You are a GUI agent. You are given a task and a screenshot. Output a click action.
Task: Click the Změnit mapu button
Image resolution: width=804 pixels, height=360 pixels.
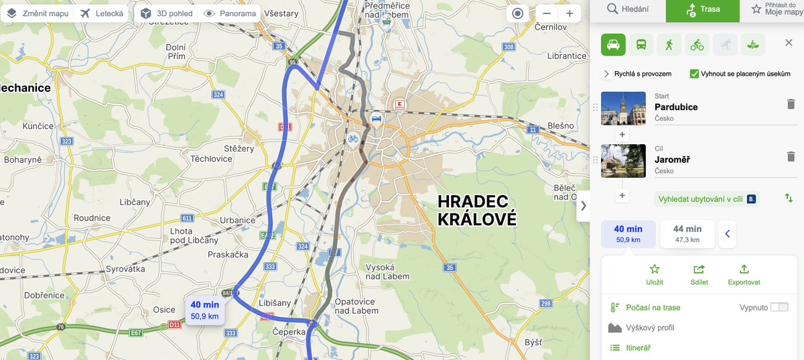tap(38, 13)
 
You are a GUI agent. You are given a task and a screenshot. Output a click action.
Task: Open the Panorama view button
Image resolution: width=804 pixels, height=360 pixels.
tap(230, 13)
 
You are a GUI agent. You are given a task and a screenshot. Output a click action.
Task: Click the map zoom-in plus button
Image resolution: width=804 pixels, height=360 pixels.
tap(569, 13)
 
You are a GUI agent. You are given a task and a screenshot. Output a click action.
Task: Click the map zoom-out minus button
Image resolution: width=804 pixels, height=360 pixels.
tap(547, 13)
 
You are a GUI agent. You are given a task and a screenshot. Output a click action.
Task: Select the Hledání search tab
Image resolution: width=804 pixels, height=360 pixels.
tap(627, 9)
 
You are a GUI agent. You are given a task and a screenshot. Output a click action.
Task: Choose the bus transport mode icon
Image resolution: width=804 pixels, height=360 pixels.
tap(641, 45)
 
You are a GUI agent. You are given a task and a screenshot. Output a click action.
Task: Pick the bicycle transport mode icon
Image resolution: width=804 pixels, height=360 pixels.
tap(697, 45)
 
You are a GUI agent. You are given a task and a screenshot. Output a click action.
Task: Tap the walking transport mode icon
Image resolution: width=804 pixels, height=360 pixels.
tap(669, 45)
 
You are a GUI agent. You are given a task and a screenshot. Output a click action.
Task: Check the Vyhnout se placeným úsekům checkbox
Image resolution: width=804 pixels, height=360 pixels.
tap(695, 74)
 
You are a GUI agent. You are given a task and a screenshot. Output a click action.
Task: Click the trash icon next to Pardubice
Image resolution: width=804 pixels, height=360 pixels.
tap(791, 104)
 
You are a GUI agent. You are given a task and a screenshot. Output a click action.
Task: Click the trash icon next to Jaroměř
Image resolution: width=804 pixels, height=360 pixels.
tap(791, 156)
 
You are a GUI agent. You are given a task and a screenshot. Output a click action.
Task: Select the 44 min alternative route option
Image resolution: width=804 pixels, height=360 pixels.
tap(687, 234)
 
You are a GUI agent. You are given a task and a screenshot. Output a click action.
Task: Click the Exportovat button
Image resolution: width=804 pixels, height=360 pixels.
tap(744, 274)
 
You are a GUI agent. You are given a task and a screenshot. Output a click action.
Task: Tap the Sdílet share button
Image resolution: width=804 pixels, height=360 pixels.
tap(699, 274)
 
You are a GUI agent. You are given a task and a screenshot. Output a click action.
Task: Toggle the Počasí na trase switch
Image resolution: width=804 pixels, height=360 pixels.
tap(779, 307)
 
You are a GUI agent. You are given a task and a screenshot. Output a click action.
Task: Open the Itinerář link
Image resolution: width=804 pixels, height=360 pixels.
tap(638, 347)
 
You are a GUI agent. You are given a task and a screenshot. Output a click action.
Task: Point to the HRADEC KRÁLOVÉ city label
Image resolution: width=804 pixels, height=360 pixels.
tap(477, 210)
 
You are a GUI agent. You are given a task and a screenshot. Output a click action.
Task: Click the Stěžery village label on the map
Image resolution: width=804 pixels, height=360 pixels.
tap(239, 148)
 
